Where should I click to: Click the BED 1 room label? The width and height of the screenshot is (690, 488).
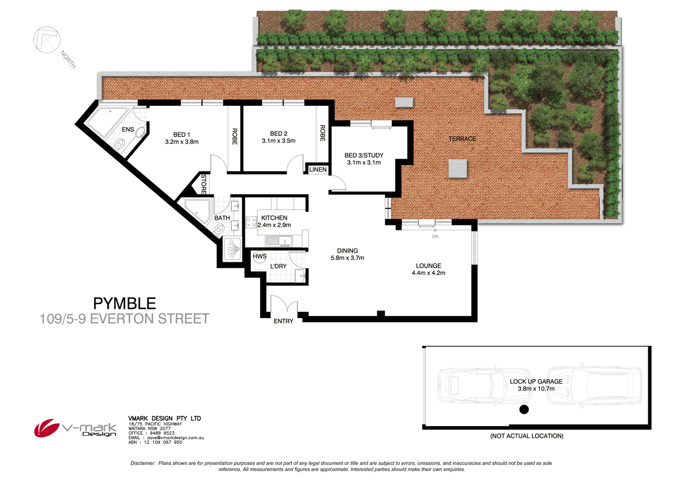pyautogui.click(x=181, y=134)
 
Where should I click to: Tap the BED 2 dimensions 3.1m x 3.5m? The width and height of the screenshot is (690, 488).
pyautogui.click(x=278, y=141)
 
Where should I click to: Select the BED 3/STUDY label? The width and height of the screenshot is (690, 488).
pyautogui.click(x=364, y=155)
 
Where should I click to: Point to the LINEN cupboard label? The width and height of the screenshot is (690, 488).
pyautogui.click(x=318, y=170)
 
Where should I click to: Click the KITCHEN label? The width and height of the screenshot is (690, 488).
pyautogui.click(x=274, y=218)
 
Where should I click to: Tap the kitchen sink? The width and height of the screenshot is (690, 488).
pyautogui.click(x=280, y=241)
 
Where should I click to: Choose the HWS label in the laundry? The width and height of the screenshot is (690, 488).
pyautogui.click(x=260, y=256)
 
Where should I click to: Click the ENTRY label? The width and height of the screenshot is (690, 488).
pyautogui.click(x=284, y=321)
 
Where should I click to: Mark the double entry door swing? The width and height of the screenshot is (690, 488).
pyautogui.click(x=284, y=305)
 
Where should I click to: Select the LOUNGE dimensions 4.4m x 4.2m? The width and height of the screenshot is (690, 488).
pyautogui.click(x=428, y=273)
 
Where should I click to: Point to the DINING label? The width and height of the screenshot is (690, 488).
pyautogui.click(x=347, y=251)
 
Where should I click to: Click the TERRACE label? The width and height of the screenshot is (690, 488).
pyautogui.click(x=462, y=139)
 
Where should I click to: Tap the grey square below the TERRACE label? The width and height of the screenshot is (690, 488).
pyautogui.click(x=458, y=169)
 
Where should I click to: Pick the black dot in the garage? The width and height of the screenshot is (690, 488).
pyautogui.click(x=524, y=409)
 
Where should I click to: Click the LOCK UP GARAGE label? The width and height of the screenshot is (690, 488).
pyautogui.click(x=536, y=381)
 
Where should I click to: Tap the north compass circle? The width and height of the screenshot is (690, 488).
pyautogui.click(x=46, y=40)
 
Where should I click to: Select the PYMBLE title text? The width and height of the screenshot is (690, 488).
pyautogui.click(x=125, y=303)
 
